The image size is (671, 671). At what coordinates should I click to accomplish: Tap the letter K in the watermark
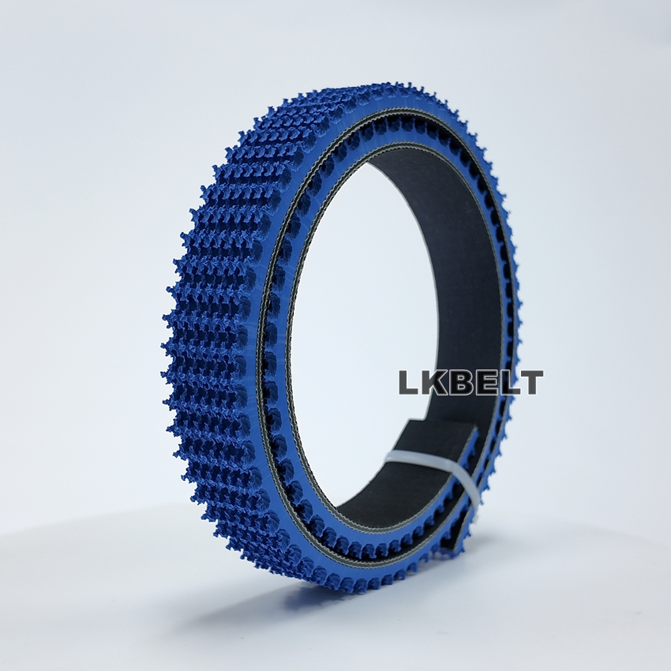436,382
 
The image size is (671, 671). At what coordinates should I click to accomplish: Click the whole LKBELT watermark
471,382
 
